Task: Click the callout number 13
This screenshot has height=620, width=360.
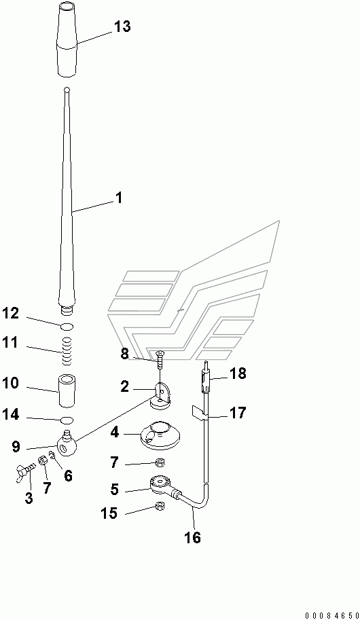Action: click(x=122, y=27)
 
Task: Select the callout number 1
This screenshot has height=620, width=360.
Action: click(x=118, y=198)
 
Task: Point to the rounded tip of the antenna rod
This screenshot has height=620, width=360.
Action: click(x=67, y=90)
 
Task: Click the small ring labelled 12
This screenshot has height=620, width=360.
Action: click(x=67, y=327)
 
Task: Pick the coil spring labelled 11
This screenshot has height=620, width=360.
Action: click(x=67, y=351)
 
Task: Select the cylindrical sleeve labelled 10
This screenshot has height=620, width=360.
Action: click(x=67, y=390)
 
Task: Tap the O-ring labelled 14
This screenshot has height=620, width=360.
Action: click(x=67, y=419)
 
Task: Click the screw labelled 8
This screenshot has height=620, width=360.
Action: click(x=160, y=359)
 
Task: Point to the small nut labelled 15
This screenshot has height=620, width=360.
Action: click(x=160, y=506)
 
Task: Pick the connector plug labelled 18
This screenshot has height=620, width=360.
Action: click(x=206, y=381)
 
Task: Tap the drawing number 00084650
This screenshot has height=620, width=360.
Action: click(x=331, y=615)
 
